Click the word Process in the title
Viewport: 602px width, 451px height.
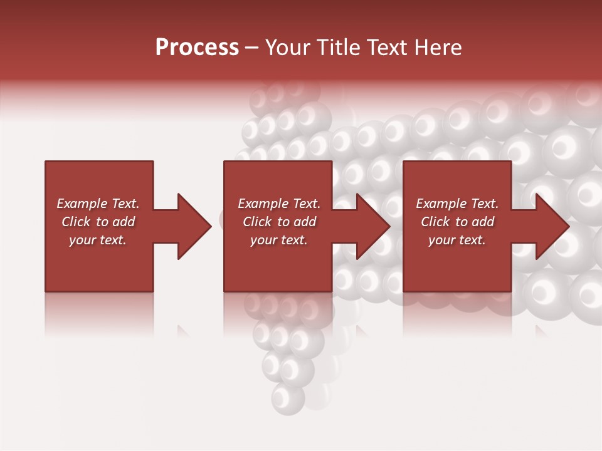point(197,48)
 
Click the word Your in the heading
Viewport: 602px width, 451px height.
point(288,48)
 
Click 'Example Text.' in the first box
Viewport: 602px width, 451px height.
point(98,204)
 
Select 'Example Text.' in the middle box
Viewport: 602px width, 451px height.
point(279,204)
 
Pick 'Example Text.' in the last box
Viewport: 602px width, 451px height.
point(457,204)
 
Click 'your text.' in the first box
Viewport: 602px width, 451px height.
point(98,240)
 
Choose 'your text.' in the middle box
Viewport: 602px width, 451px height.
point(279,240)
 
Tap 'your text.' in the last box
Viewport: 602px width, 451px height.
point(457,240)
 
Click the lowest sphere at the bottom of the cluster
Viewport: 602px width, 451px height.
point(287,397)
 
